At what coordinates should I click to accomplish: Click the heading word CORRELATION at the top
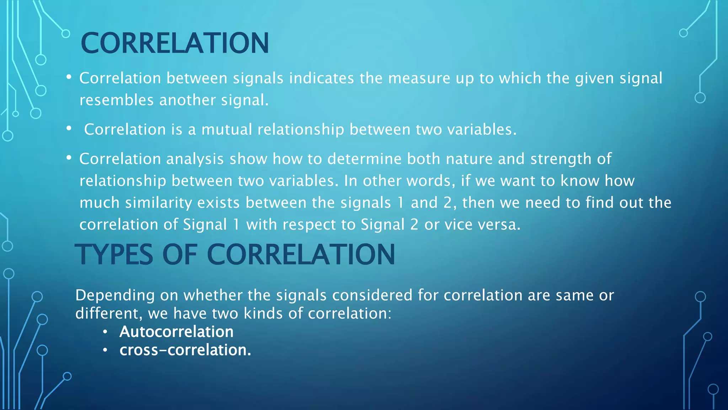(175, 43)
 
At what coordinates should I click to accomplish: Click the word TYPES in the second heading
(114, 254)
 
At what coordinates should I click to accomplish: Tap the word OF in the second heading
(180, 254)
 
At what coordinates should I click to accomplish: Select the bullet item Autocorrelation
(176, 332)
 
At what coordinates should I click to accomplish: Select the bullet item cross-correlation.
(185, 350)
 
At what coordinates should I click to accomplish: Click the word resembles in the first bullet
(116, 100)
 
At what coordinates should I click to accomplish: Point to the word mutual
(226, 129)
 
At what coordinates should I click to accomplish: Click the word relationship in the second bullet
(300, 130)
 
